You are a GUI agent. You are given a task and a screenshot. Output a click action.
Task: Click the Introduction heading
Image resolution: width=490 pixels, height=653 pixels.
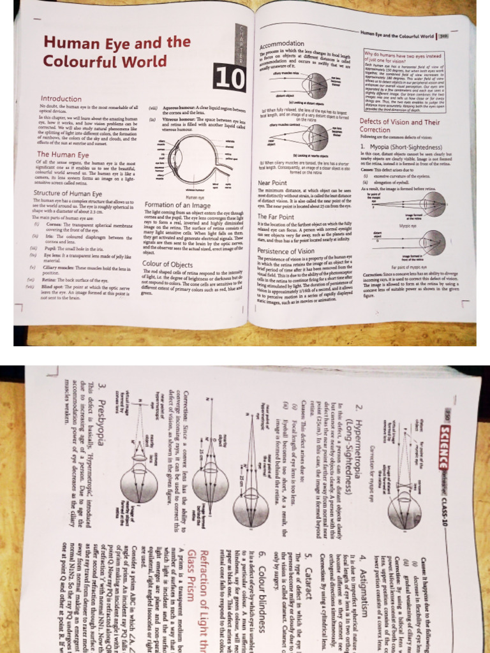coord(61,99)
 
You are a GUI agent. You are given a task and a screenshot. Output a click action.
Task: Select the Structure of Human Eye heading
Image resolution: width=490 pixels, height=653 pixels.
coord(76,193)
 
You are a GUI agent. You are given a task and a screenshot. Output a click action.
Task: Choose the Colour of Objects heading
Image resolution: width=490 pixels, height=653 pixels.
coord(168,263)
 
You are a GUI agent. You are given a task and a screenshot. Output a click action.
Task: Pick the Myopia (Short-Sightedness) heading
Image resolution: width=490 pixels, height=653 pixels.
coord(402,147)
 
